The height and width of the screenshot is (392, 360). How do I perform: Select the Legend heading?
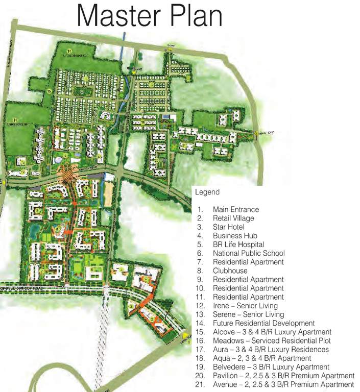pos(207,192)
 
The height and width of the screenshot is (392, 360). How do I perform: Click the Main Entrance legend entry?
pos(236,210)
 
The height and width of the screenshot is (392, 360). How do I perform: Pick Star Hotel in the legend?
pos(229,227)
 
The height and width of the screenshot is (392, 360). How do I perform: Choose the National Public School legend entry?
pos(249,253)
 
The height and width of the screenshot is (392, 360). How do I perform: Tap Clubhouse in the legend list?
pos(230,271)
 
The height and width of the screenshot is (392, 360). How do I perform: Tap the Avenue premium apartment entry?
pos(283,384)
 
